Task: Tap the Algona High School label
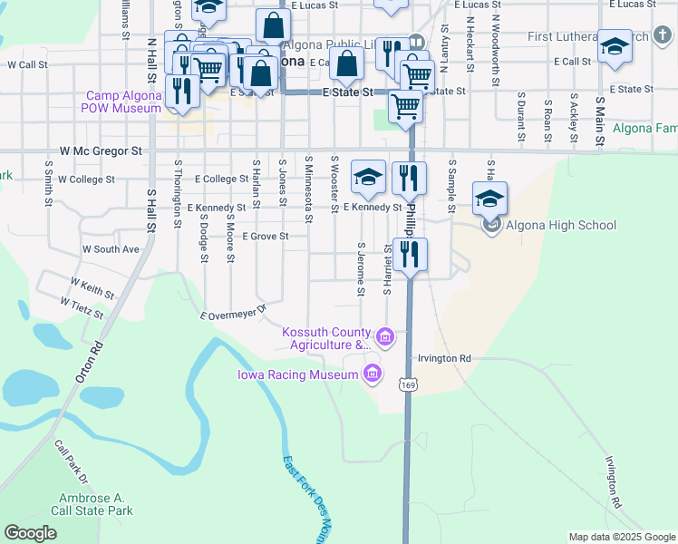click(x=563, y=226)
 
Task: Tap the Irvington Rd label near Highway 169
click(x=445, y=359)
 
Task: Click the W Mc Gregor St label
click(x=102, y=151)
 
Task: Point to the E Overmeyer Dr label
click(x=234, y=313)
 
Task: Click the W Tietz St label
click(x=82, y=307)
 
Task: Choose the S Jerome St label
click(x=361, y=268)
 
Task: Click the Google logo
click(x=30, y=532)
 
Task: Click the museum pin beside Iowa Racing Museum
click(x=372, y=374)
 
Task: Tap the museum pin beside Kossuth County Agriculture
click(x=385, y=338)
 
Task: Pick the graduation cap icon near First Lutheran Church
click(x=615, y=48)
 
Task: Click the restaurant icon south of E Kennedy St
click(x=411, y=257)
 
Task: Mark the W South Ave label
click(x=111, y=248)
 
